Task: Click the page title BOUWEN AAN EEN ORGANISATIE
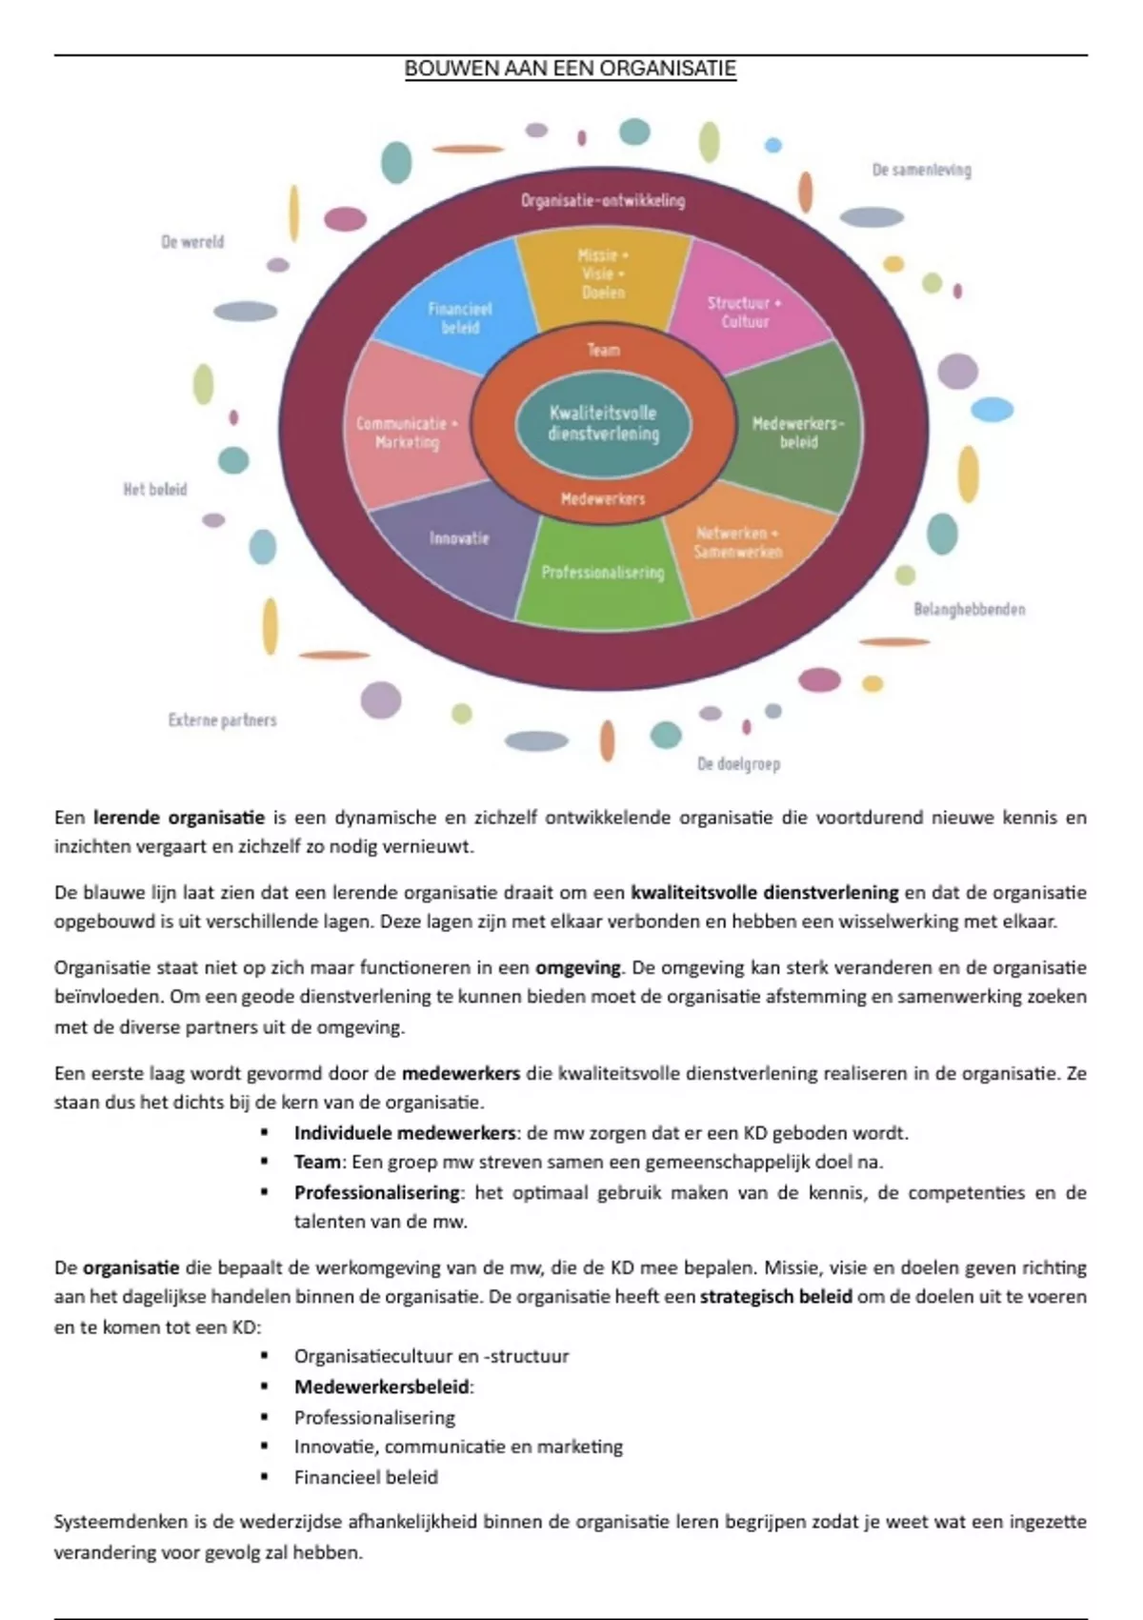(570, 69)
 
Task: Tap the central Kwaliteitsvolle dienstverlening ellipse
(603, 424)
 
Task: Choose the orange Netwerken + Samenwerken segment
(738, 543)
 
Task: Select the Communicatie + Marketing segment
(407, 433)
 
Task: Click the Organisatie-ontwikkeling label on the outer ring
(603, 200)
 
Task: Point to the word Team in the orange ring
(603, 351)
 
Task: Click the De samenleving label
(921, 171)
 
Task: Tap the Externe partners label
(222, 720)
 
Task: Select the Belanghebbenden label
(969, 609)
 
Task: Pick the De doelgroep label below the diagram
(738, 764)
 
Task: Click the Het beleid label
(155, 490)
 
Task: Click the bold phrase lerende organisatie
(178, 818)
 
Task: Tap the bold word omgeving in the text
(577, 968)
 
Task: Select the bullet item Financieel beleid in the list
(366, 1477)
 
